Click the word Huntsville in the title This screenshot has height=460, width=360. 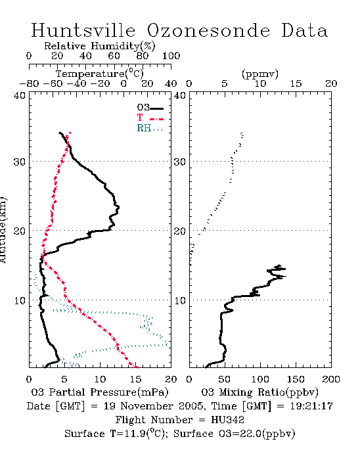(83, 30)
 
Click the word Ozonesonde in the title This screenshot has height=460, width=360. (208, 30)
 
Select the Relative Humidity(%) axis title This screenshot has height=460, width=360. (100, 46)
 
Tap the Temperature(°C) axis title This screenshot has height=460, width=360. (100, 74)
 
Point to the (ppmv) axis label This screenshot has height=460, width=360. (260, 74)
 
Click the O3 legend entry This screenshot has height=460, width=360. (150, 108)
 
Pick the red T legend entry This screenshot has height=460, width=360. (150, 118)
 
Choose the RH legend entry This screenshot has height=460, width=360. (150, 128)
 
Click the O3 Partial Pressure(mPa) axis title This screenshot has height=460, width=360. (100, 392)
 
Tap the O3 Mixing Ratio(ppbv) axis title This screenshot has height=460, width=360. (259, 392)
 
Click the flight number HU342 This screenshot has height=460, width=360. (228, 419)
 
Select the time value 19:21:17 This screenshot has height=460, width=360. (311, 406)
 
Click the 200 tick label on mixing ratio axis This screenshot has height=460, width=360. (331, 379)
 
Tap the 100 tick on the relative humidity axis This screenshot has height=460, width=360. (171, 55)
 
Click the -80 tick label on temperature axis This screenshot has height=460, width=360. (29, 83)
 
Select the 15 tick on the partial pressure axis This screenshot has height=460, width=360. (135, 379)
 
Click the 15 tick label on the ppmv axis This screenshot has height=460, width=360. (296, 83)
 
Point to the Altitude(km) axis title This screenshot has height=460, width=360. (3, 230)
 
